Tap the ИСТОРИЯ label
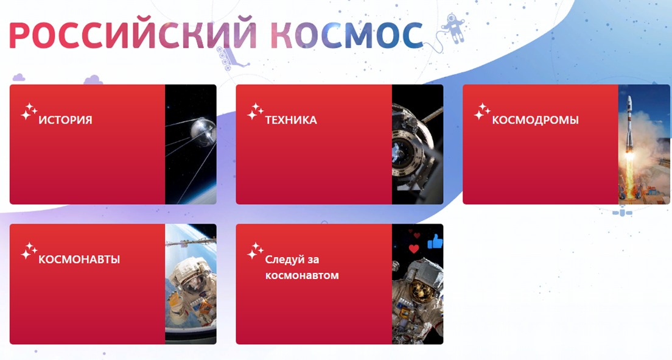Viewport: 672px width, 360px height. [65, 120]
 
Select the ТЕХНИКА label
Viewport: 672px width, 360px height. [291, 120]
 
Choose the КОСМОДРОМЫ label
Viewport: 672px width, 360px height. [535, 120]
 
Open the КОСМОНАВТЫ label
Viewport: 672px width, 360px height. [79, 259]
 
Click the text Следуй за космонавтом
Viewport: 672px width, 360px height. [302, 267]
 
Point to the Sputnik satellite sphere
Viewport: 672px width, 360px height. [202, 131]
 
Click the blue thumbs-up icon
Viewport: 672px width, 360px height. [435, 241]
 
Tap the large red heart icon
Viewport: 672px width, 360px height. [413, 249]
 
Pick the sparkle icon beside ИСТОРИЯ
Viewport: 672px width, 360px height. [29, 111]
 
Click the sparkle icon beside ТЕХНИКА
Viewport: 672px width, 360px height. [256, 111]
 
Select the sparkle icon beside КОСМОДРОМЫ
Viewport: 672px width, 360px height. [482, 111]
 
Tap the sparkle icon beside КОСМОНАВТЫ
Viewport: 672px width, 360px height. [29, 251]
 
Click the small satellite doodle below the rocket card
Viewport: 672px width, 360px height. [622, 213]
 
